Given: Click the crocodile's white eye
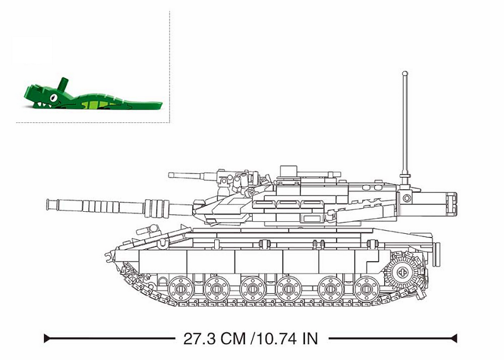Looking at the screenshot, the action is pyautogui.click(x=54, y=97).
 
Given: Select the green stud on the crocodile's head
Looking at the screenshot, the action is pyautogui.click(x=64, y=83).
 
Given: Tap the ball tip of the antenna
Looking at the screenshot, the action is pyautogui.click(x=405, y=74).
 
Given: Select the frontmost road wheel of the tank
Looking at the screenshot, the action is pyautogui.click(x=181, y=288).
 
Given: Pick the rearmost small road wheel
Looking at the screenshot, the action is pyautogui.click(x=367, y=288).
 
